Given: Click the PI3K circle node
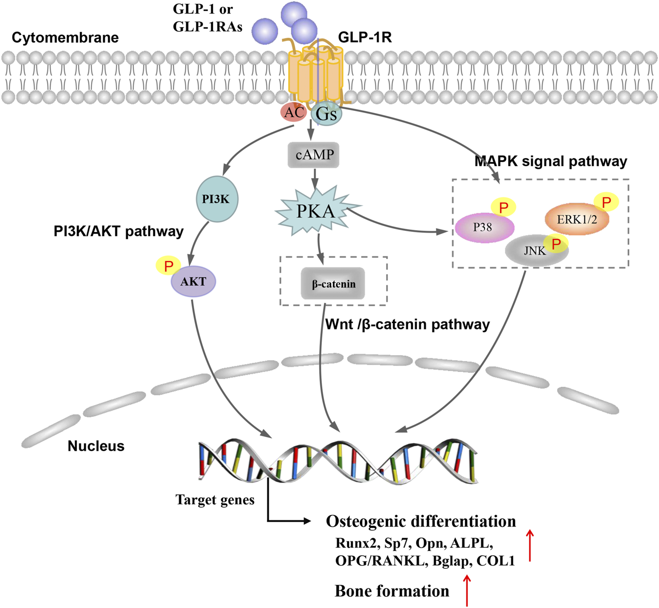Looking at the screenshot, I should tap(217, 199).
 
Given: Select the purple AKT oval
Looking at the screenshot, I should tap(193, 282).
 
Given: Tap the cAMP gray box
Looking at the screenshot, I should tap(314, 155).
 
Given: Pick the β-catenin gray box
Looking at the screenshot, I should tap(333, 283).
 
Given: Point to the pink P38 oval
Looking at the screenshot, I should tap(484, 227).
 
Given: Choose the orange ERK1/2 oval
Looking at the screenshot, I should tap(577, 219).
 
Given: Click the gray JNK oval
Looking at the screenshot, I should tap(535, 251).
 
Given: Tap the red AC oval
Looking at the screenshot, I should tap(293, 112).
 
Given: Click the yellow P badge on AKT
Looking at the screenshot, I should tap(168, 266).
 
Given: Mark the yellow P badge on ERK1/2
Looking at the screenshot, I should tap(606, 202).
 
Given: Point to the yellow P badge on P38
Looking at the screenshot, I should tap(504, 207).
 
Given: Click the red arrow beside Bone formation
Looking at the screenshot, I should tap(467, 590).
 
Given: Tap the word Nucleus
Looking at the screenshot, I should tap(96, 446).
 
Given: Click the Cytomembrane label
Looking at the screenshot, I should tap(65, 37).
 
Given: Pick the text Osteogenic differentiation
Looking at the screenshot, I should tap(421, 521).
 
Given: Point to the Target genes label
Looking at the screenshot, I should tap(215, 500).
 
